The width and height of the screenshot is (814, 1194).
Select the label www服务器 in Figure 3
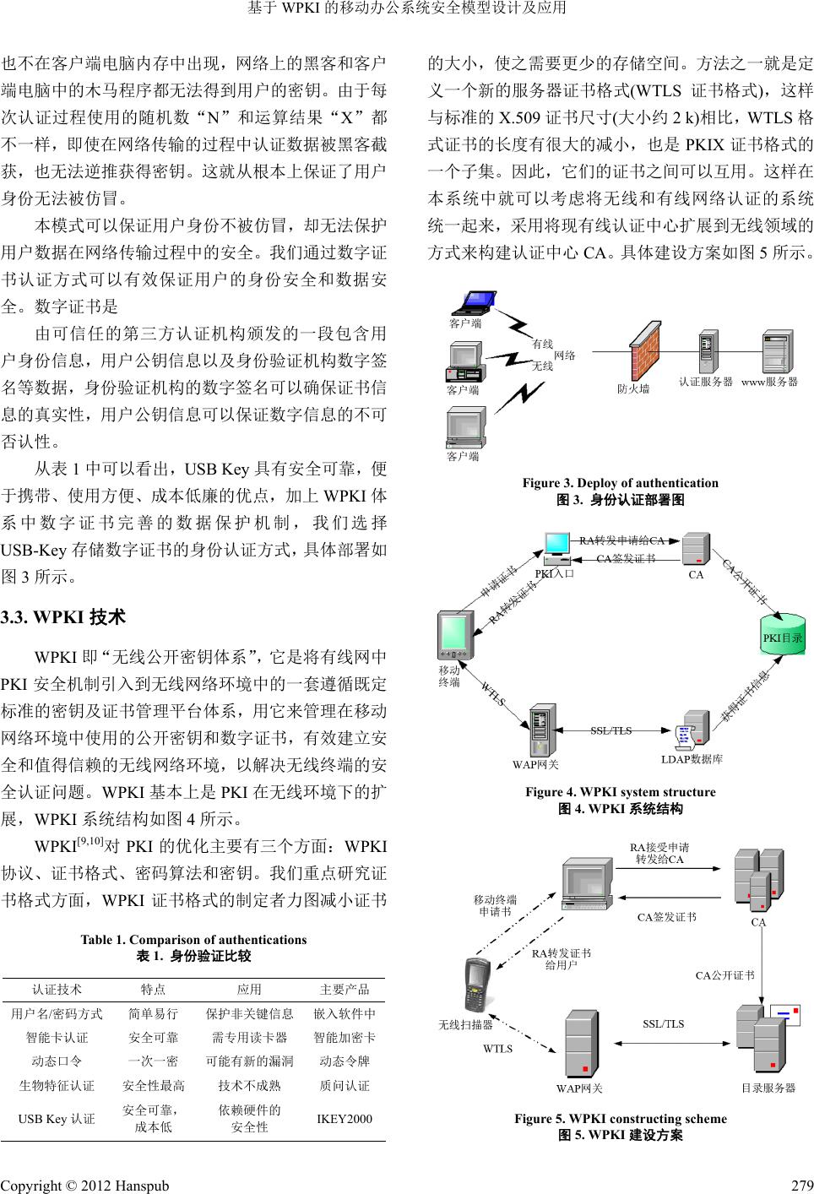pyautogui.click(x=769, y=382)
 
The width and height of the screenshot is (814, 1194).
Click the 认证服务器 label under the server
pyautogui.click(x=706, y=382)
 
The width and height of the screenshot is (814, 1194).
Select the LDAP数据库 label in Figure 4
pyautogui.click(x=692, y=759)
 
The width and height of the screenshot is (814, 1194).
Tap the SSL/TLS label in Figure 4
pyautogui.click(x=610, y=730)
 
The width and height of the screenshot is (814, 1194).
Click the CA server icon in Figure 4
pyautogui.click(x=696, y=549)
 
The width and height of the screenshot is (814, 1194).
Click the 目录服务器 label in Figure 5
pyautogui.click(x=768, y=1088)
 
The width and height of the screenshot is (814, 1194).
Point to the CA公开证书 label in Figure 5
pyautogui.click(x=724, y=975)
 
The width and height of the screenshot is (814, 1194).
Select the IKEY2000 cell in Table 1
pyautogui.click(x=344, y=1119)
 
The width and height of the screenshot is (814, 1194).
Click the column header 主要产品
pyautogui.click(x=345, y=990)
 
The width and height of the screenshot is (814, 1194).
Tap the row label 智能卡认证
pyautogui.click(x=57, y=1037)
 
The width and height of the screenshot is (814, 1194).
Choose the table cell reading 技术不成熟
pyautogui.click(x=249, y=1085)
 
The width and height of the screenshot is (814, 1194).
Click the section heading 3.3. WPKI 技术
pyautogui.click(x=63, y=617)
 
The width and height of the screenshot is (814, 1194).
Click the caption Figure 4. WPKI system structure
pyautogui.click(x=620, y=792)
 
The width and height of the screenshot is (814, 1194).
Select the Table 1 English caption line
pyautogui.click(x=193, y=939)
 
